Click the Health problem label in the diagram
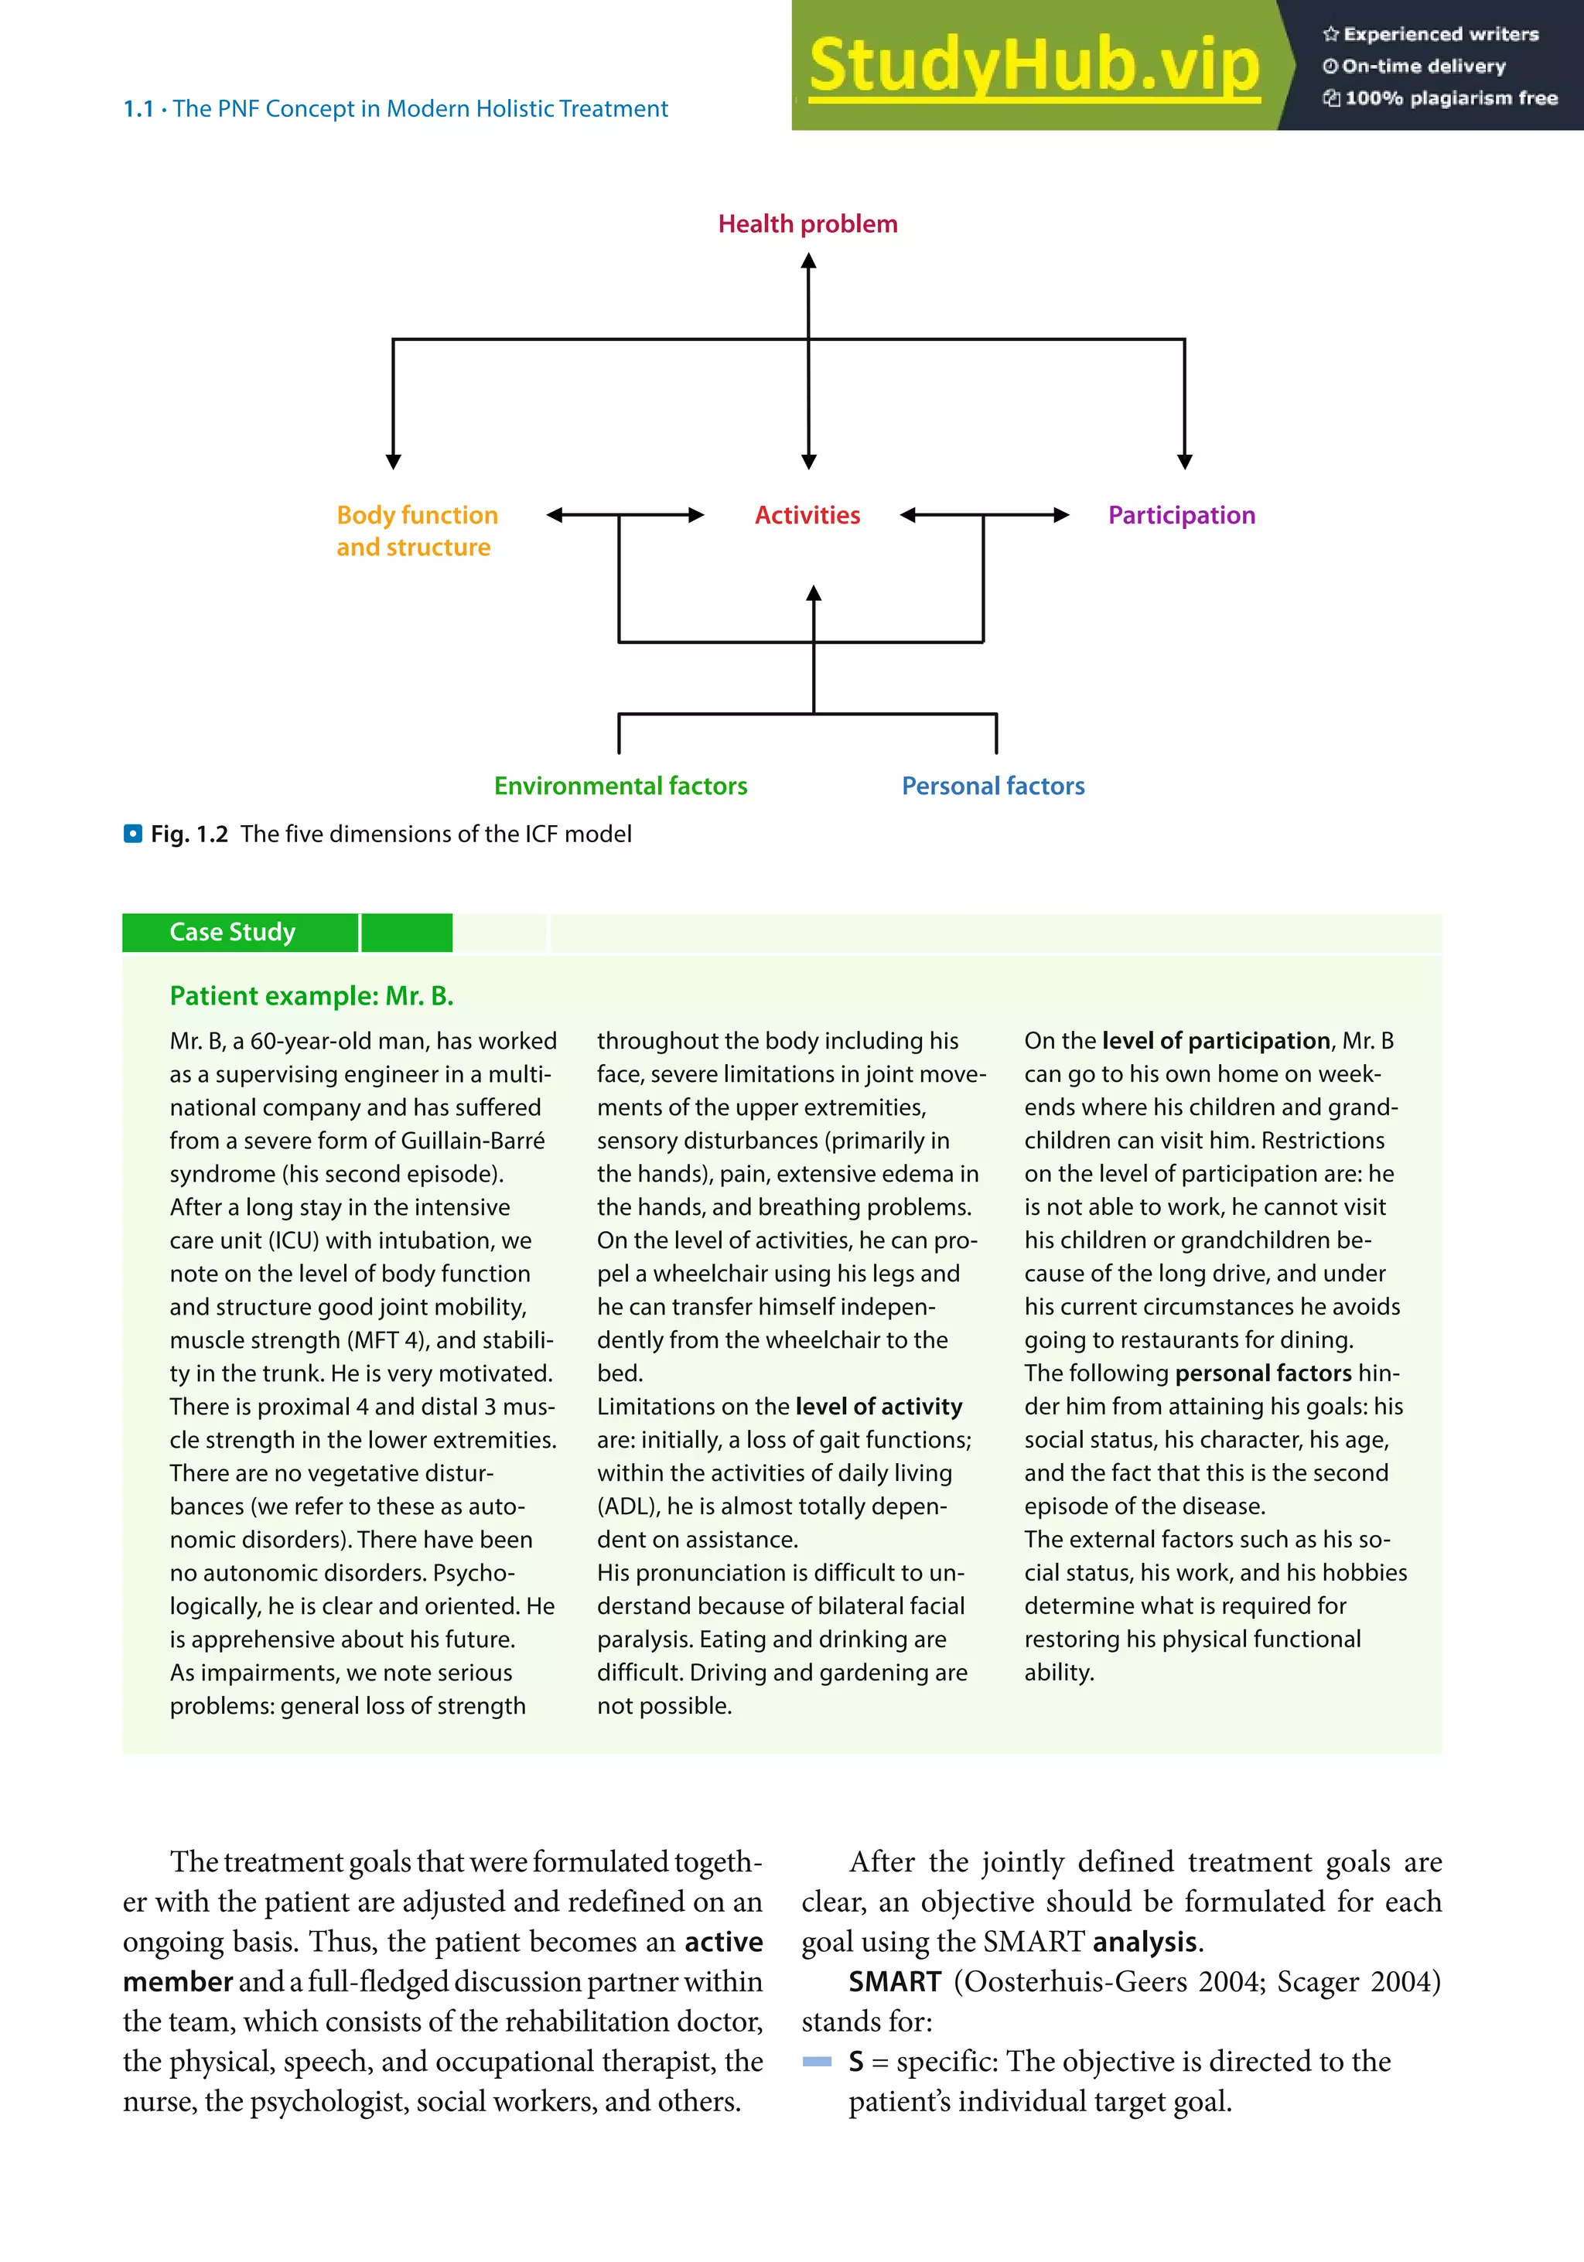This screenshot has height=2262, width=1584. (807, 223)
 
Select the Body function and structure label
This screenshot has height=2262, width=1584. (417, 531)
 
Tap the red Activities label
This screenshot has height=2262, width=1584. (807, 515)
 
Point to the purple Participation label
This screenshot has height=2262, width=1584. (1181, 515)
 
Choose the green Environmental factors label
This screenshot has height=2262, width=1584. (620, 786)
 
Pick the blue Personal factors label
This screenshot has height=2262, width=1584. (993, 786)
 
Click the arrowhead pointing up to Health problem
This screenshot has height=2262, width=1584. (809, 261)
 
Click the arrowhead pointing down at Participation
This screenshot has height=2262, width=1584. (1185, 461)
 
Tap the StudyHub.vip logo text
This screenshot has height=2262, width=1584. (1034, 65)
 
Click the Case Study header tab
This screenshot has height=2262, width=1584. (234, 932)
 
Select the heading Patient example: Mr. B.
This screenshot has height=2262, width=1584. (311, 996)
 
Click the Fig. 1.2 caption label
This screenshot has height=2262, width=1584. (189, 834)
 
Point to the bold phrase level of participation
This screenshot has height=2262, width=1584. (1216, 1042)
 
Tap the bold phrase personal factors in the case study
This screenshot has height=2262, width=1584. (1264, 1373)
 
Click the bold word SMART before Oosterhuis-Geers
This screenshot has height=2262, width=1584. (894, 1981)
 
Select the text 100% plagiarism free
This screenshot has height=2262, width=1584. (1450, 97)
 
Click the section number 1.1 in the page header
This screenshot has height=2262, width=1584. (138, 109)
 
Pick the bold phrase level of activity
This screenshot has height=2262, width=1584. (879, 1407)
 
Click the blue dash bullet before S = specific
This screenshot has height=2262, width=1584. (817, 2062)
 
